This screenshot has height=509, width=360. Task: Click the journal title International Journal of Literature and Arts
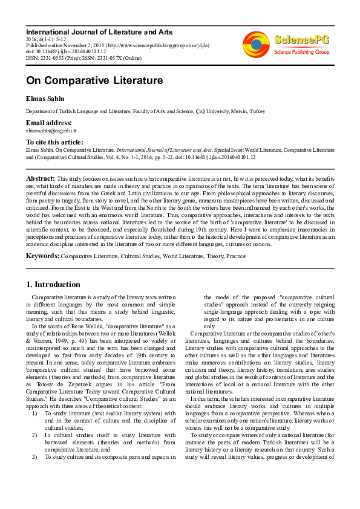coord(99,32)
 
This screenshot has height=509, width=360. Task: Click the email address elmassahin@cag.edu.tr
coord(51,130)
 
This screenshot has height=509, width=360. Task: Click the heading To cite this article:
coord(54,142)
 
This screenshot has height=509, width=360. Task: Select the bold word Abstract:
coord(40,179)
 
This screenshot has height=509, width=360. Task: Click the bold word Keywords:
coord(42,256)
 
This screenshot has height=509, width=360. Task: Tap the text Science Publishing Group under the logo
coord(301,53)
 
